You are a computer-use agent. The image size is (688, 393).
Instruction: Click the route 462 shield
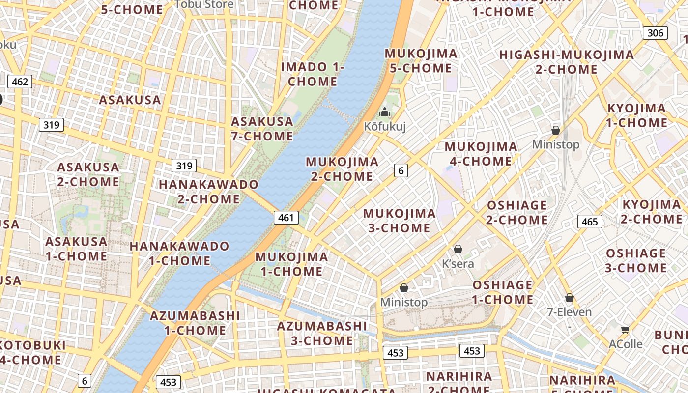[x=20, y=82]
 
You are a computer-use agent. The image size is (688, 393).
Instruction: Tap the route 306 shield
[x=655, y=33]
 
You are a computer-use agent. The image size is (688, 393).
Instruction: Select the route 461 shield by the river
[x=286, y=218]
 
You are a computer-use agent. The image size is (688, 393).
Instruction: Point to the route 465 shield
[x=589, y=222]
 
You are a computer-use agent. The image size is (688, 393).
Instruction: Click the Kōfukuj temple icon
[x=385, y=112]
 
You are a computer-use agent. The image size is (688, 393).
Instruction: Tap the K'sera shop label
[x=458, y=264]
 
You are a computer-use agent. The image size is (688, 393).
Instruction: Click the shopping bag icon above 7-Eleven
[x=569, y=298]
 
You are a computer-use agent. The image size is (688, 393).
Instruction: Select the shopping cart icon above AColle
[x=625, y=330]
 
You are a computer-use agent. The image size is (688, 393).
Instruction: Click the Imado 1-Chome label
[x=313, y=74]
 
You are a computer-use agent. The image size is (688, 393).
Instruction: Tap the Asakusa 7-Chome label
[x=262, y=129]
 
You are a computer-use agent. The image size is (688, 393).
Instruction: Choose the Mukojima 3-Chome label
[x=400, y=221]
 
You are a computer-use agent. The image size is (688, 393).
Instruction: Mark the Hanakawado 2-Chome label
[x=208, y=192]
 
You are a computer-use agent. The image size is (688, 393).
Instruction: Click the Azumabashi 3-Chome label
[x=322, y=333]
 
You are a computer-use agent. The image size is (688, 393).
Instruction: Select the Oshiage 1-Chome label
[x=503, y=292]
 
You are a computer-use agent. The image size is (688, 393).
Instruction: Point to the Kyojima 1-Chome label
[x=636, y=115]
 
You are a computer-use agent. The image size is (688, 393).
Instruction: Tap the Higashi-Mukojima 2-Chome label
[x=566, y=62]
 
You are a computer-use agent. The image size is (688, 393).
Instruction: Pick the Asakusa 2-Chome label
[x=88, y=174]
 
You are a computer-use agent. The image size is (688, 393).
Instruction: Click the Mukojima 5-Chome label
[x=421, y=61]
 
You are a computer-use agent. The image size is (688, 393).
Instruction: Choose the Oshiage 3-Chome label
[x=636, y=261]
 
